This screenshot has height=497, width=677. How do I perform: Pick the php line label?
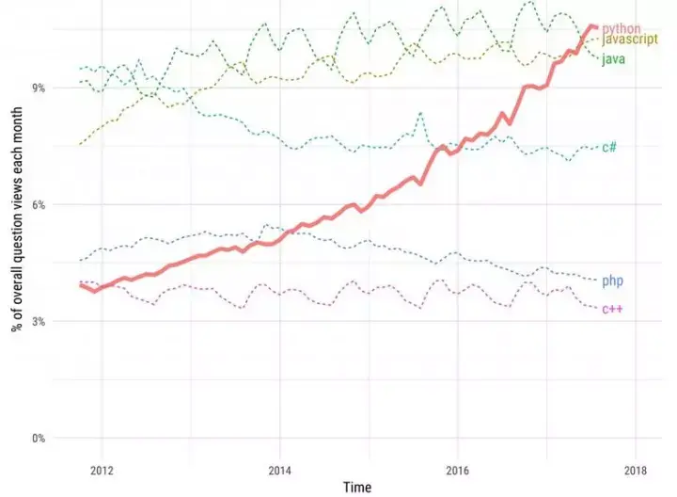(x=612, y=281)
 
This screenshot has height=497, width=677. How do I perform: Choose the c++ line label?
(x=612, y=310)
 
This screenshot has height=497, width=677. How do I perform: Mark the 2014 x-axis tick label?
(x=279, y=470)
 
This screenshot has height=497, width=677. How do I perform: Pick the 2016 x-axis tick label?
(x=457, y=470)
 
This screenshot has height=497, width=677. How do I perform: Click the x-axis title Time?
(x=356, y=488)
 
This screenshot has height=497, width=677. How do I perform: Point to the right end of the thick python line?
(x=596, y=27)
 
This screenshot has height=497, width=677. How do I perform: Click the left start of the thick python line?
(x=80, y=284)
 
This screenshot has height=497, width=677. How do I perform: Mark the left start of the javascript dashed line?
(x=80, y=144)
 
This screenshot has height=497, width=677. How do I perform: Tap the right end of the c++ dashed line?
(x=596, y=308)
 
